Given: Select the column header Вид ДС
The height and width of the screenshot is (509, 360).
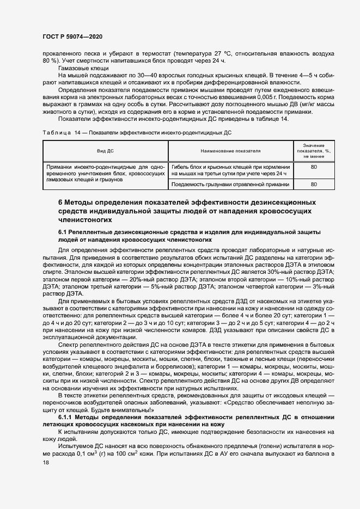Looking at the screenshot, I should (105, 150).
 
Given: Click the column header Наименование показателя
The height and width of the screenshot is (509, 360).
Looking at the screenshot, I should (230, 150).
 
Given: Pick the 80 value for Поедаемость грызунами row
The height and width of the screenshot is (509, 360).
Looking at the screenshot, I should (314, 185).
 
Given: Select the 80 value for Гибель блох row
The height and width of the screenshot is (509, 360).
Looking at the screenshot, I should (314, 167).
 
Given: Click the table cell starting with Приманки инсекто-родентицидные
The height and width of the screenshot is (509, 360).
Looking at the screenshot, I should (105, 173).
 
